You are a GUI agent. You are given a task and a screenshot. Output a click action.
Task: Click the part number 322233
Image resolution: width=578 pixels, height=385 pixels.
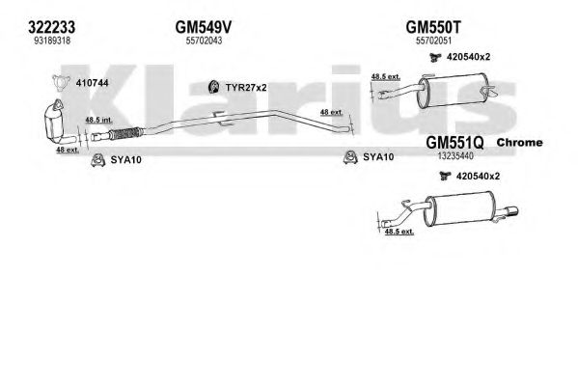click(51, 27)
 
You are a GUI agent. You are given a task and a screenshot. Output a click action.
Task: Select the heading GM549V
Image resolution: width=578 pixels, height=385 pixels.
click(204, 27)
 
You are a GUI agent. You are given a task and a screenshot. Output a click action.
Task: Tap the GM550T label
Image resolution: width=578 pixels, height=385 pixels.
click(433, 27)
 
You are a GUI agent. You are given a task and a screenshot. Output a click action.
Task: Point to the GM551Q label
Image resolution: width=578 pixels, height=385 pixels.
click(454, 143)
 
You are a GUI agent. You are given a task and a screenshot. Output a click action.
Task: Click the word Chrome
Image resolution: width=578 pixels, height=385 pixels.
click(519, 143)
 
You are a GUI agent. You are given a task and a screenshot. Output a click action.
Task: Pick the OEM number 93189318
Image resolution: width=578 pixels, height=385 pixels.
click(52, 41)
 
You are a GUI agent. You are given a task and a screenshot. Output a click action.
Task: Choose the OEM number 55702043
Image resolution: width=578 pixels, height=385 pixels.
click(204, 41)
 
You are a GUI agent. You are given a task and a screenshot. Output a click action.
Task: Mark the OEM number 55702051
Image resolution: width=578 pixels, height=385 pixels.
click(433, 41)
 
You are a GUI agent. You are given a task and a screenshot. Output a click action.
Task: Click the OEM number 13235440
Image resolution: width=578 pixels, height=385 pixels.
click(455, 156)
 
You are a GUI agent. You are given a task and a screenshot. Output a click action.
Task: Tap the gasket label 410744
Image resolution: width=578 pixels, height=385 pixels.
click(93, 83)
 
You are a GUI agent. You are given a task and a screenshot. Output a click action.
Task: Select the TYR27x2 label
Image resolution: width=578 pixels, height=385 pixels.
click(246, 88)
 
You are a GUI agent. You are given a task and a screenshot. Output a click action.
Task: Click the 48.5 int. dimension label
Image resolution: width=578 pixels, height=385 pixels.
click(98, 120)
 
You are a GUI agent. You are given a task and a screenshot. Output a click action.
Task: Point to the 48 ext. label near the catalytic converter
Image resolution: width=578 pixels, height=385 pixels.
click(68, 150)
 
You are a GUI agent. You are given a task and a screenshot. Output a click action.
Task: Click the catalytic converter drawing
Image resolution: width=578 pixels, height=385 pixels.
click(56, 123)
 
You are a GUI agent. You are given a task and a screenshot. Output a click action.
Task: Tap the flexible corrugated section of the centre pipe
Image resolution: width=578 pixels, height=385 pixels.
click(125, 133)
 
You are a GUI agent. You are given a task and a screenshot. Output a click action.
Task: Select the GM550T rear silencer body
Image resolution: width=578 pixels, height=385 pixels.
click(453, 91)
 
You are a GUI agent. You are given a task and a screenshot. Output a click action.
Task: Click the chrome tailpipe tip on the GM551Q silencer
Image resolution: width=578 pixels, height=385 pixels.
click(509, 212)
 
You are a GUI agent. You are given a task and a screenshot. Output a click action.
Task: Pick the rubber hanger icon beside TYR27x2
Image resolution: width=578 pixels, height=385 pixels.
click(214, 87)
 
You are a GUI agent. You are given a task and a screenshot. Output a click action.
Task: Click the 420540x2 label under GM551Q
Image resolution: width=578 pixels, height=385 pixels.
click(478, 177)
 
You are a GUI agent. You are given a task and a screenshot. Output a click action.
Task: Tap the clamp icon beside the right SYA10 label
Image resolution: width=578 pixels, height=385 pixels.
click(350, 157)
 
